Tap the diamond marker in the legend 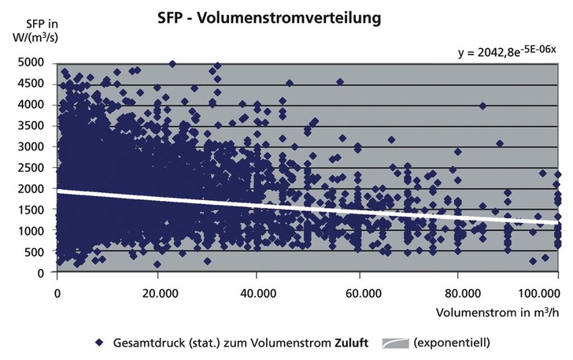(x=98, y=343)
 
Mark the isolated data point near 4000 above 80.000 (x=482, y=106)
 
